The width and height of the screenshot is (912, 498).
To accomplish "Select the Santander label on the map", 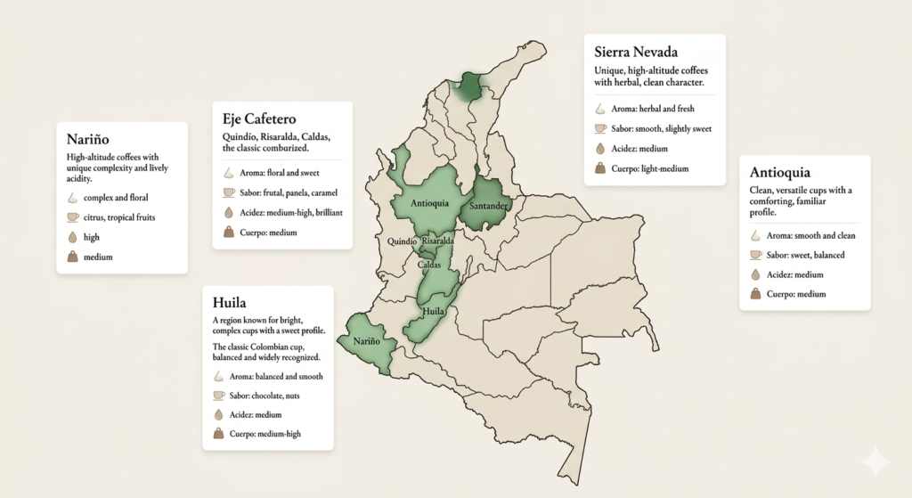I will click(489, 206).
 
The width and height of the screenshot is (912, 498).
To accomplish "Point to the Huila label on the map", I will click(434, 311).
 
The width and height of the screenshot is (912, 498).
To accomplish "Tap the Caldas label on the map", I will click(428, 265).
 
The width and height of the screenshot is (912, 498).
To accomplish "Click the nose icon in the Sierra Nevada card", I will click(600, 110).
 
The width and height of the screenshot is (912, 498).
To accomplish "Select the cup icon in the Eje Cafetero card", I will click(229, 192).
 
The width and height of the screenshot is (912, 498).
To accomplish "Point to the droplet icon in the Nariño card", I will click(73, 238).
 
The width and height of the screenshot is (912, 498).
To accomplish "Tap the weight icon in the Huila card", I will click(219, 434).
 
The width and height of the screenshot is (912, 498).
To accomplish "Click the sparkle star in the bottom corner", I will click(875, 462).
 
